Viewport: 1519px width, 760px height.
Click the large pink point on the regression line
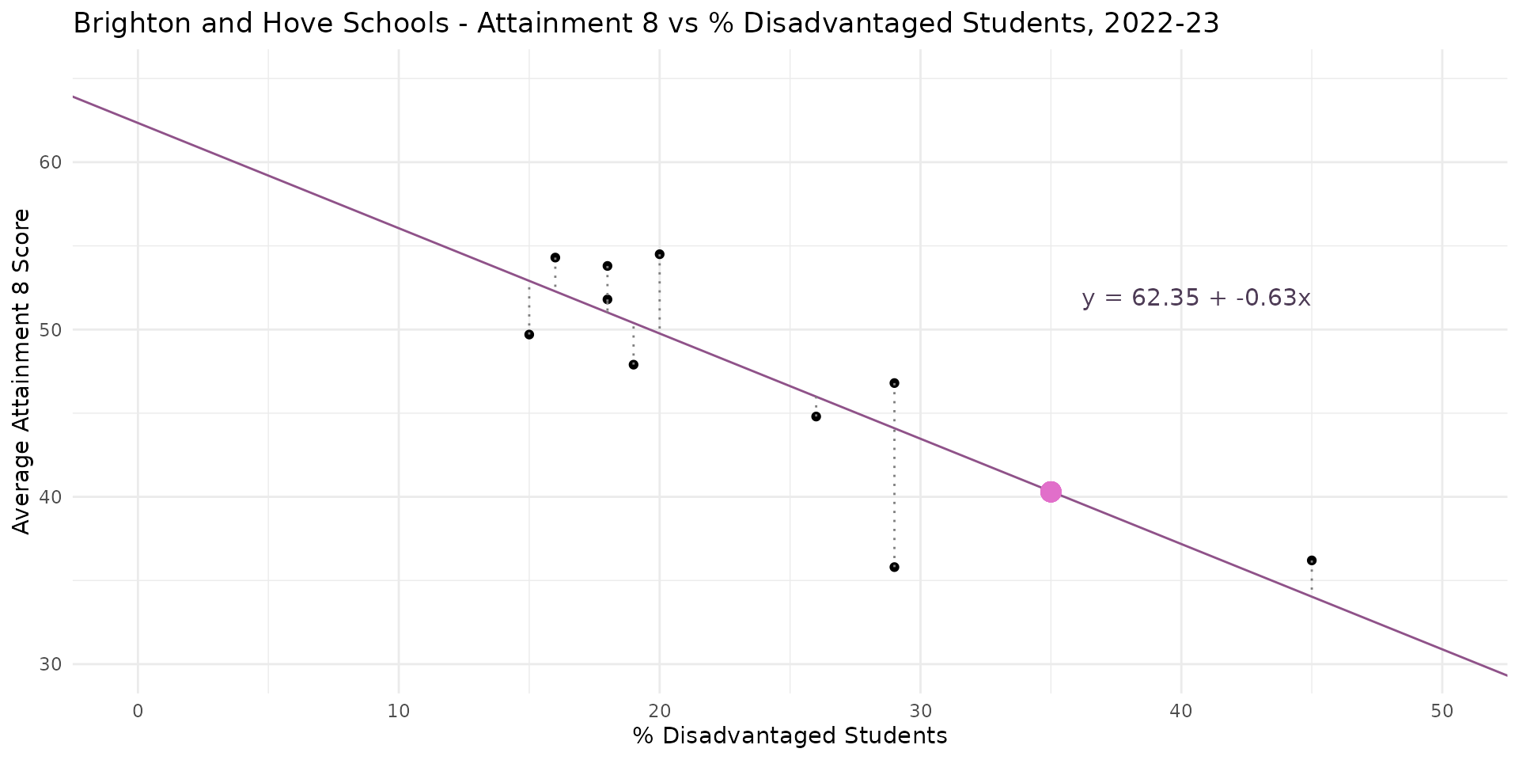click(1050, 492)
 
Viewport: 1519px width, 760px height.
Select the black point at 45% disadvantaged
click(1311, 560)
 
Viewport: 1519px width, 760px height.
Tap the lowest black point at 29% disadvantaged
click(894, 567)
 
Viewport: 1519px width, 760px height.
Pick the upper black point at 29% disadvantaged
click(894, 383)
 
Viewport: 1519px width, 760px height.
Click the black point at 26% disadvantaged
click(816, 416)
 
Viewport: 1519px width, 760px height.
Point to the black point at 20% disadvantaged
click(659, 254)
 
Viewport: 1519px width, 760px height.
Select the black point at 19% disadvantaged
click(633, 365)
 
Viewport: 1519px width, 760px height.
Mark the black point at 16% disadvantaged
click(555, 257)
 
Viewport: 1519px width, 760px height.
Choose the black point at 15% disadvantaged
click(528, 335)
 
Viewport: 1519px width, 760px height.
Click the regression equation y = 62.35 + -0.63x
click(1195, 298)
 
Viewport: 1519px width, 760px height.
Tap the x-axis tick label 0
click(138, 711)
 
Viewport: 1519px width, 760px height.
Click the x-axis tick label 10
click(399, 711)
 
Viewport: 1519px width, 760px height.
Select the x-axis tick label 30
click(920, 711)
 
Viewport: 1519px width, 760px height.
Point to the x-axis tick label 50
click(1441, 711)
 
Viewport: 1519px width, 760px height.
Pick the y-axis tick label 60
click(51, 162)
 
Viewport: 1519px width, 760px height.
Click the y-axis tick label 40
click(51, 497)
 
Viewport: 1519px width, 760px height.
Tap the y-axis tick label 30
click(51, 664)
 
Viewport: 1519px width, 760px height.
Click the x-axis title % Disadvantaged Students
click(790, 736)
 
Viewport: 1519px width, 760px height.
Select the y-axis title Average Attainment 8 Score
click(22, 371)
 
